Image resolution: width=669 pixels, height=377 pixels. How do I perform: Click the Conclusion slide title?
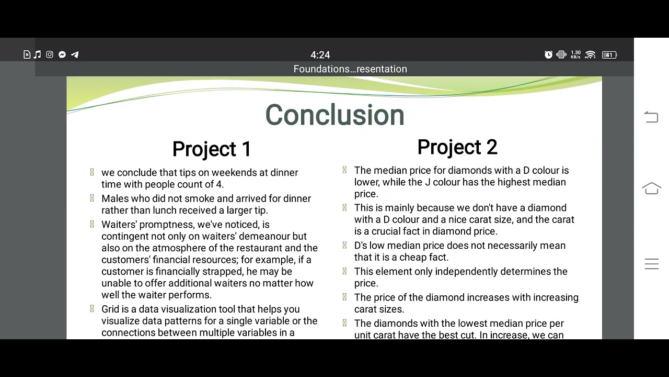[x=334, y=115]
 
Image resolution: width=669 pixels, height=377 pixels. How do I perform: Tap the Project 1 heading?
[x=212, y=149]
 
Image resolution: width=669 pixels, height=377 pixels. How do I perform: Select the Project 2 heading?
[x=457, y=147]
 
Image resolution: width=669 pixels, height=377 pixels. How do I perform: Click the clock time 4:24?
[x=320, y=55]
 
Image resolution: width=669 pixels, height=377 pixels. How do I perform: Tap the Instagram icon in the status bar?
[x=50, y=54]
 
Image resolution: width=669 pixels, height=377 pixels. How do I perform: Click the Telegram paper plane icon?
[x=75, y=54]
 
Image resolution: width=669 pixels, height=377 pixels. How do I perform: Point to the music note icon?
[x=38, y=54]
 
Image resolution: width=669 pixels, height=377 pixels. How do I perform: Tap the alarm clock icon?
[x=548, y=54]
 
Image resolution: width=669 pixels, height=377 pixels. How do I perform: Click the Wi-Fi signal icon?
[x=590, y=54]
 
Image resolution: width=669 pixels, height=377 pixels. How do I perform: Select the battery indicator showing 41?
[x=609, y=54]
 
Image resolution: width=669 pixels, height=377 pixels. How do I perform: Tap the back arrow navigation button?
[x=651, y=117]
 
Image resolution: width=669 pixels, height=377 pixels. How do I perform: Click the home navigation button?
[x=651, y=189]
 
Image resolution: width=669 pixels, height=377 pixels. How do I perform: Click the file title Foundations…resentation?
[x=350, y=69]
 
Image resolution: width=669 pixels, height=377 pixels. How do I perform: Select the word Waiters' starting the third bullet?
[x=120, y=225]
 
